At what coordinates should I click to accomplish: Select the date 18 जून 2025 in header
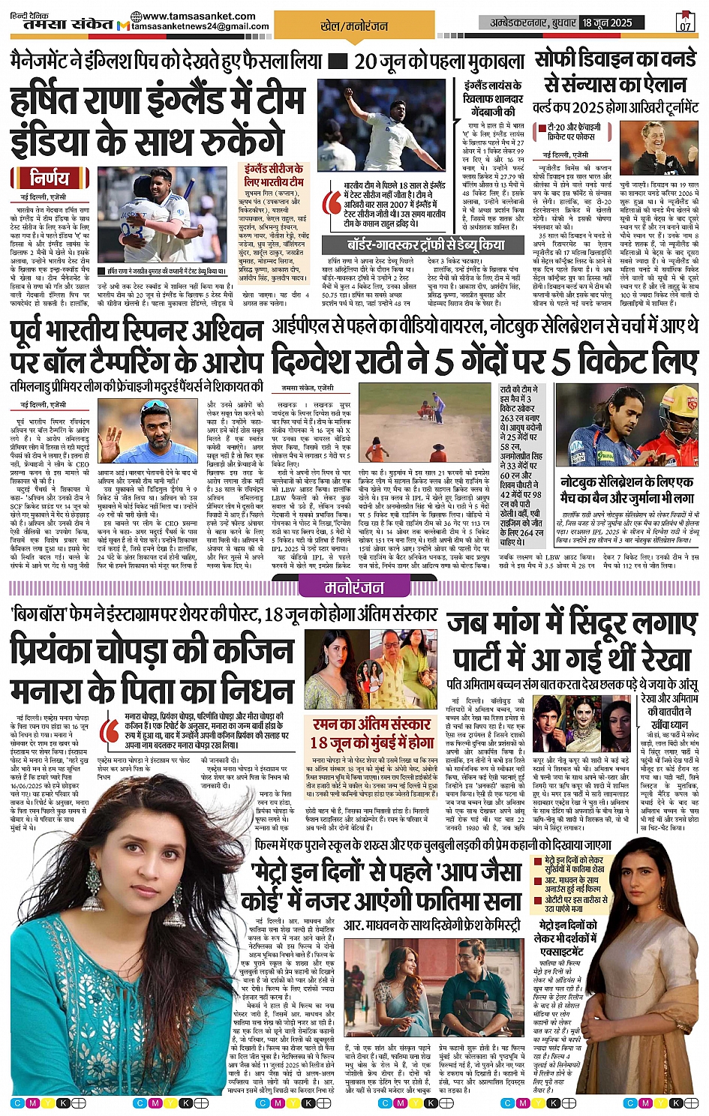coord(607,22)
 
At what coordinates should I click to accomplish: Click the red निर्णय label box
coord(49,178)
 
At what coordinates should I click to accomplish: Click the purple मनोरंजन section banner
coord(354,586)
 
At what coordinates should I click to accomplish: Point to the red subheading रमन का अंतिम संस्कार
coord(372,724)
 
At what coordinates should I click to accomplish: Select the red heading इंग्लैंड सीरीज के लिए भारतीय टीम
coord(274,175)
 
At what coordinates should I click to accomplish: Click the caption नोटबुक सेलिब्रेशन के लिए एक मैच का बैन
coord(626,489)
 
